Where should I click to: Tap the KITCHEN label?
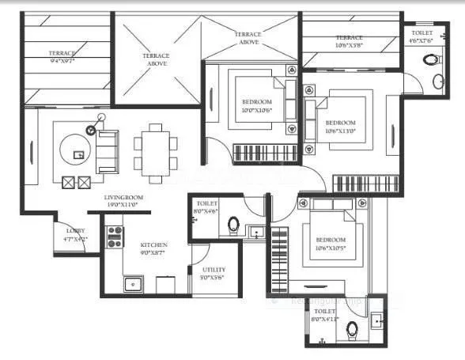[x=153, y=246]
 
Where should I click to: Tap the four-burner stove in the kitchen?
[x=115, y=235]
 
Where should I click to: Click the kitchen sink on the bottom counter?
[x=133, y=282]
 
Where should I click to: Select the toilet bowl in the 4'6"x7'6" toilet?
[x=430, y=59]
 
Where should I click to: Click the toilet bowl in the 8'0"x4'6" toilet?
[x=234, y=225]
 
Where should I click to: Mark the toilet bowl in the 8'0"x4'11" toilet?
[x=353, y=329]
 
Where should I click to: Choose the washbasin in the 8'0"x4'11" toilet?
[x=378, y=320]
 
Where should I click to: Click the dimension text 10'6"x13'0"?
[x=341, y=131]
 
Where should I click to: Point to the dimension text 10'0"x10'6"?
[x=257, y=110]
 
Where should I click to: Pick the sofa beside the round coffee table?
[x=106, y=150]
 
